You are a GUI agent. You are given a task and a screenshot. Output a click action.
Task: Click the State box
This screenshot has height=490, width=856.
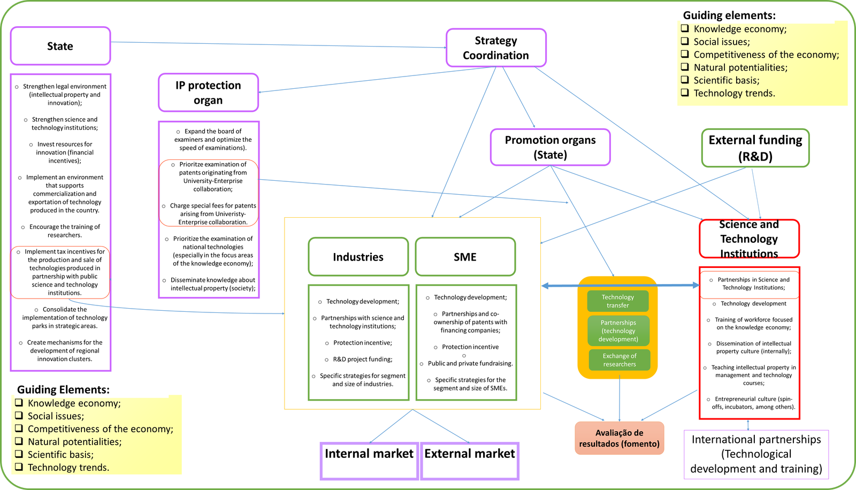coord(60,46)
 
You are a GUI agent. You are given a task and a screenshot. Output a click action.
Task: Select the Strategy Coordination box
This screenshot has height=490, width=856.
coord(495,48)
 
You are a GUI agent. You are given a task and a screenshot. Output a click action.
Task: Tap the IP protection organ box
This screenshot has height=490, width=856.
coord(208,93)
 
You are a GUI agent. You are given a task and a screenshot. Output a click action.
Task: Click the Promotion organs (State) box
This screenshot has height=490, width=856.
coord(550,147)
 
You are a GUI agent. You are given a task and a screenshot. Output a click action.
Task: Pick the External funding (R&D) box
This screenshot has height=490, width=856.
coord(755,148)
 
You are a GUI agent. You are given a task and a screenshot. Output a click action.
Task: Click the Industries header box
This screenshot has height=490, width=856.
coord(358,257)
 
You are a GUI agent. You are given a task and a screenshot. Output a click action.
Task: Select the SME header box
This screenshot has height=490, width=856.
coord(465,257)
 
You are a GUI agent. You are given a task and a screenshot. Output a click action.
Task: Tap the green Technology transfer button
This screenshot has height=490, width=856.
coord(617,301)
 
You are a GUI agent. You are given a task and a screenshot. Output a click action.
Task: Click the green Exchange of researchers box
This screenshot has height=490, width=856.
coord(620,360)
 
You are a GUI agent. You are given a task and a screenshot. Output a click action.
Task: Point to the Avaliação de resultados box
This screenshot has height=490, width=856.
coord(619,438)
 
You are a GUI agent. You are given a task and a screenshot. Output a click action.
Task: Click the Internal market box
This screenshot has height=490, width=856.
coord(369,461)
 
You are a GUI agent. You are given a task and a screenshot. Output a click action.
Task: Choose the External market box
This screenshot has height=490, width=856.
coord(469,461)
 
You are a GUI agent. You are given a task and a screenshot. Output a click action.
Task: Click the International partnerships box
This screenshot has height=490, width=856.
coord(756,454)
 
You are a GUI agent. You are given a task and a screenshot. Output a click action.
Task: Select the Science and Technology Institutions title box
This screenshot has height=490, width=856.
coord(748,239)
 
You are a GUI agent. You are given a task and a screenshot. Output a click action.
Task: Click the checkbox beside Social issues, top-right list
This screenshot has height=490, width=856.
coord(685,41)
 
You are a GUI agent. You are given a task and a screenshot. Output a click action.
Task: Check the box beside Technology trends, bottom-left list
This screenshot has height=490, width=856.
coord(19,467)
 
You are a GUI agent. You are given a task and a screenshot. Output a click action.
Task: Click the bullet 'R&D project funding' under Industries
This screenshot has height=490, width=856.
coord(362,359)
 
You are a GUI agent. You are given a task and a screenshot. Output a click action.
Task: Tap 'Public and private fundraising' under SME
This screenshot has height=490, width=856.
coord(470,363)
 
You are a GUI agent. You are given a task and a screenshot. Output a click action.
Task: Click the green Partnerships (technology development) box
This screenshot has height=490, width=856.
coord(618,331)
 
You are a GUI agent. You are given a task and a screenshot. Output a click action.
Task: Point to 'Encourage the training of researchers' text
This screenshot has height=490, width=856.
coord(64,231)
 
